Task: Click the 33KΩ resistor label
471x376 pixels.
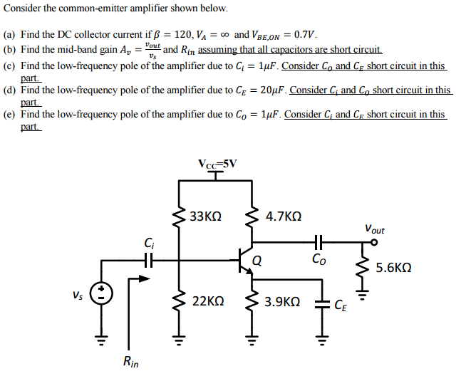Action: [x=207, y=216]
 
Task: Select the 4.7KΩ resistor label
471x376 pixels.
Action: [x=283, y=216]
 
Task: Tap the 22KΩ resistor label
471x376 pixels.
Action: [x=209, y=301]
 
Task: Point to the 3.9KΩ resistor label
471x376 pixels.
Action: [x=282, y=301]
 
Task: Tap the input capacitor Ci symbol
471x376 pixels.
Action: [x=148, y=261]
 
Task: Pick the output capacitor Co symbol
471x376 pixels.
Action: [x=319, y=241]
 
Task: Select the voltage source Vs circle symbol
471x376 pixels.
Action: [x=101, y=293]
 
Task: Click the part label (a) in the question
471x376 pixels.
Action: [x=10, y=34]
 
